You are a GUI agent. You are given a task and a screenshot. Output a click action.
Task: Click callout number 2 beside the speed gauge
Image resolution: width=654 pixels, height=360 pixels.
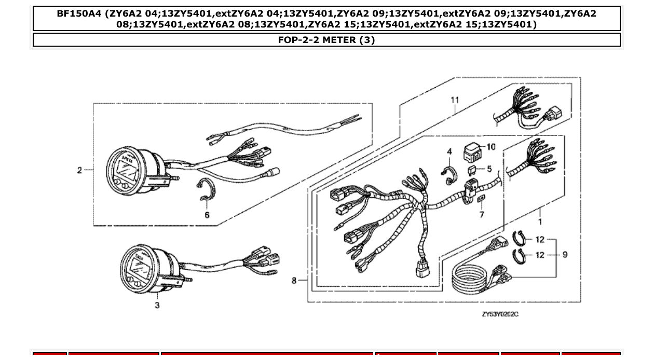(79, 170)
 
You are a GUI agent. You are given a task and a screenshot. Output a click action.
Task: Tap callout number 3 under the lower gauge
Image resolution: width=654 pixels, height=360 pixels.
(157, 305)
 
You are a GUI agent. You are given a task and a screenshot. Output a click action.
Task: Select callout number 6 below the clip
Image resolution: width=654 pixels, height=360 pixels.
(207, 215)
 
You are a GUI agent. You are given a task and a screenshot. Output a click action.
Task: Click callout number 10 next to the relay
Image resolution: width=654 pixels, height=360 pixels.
(491, 147)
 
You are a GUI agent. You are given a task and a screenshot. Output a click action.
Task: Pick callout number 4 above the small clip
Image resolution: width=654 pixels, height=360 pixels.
(449, 151)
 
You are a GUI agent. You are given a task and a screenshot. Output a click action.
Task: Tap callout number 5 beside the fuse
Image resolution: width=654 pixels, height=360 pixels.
(489, 169)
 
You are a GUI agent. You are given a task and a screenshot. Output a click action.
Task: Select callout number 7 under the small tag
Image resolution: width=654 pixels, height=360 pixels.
(482, 214)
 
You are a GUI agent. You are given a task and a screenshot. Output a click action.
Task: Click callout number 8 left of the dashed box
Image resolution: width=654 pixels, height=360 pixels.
(294, 281)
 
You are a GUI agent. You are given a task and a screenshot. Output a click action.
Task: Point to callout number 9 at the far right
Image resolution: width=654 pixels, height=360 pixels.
(565, 255)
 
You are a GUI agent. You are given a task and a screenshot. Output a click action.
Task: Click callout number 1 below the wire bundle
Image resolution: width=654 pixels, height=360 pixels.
(540, 221)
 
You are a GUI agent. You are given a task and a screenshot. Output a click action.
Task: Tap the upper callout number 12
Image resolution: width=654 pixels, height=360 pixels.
(540, 240)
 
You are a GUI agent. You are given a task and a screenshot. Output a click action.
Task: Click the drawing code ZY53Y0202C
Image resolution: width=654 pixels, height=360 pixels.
(500, 314)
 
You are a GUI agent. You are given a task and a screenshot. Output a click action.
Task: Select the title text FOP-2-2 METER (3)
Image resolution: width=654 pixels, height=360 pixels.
(326, 40)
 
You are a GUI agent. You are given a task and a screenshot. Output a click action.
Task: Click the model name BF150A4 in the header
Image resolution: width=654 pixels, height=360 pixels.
(79, 14)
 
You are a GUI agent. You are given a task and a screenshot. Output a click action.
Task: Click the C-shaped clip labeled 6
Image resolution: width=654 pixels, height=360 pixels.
(207, 189)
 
